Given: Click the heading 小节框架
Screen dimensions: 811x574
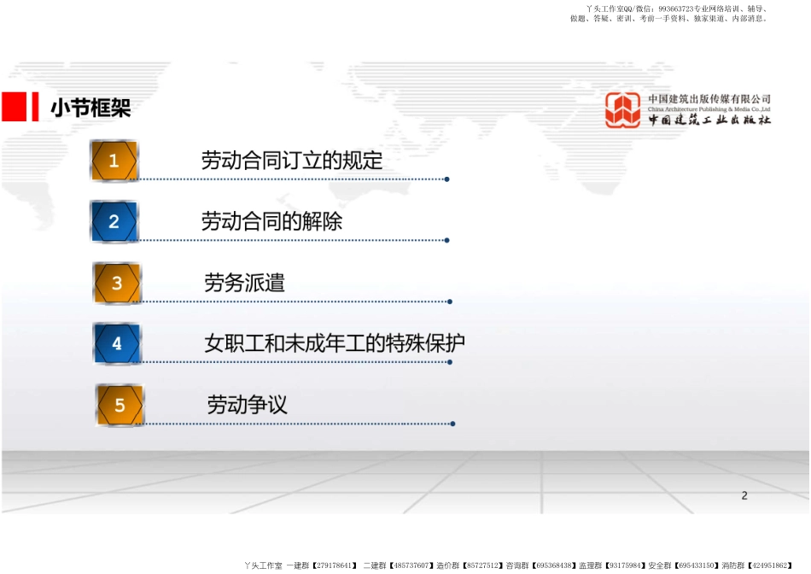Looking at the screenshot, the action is pos(90,108).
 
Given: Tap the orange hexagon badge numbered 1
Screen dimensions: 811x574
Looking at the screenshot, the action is pos(114,161).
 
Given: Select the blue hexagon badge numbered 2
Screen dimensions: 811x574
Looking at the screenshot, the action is pos(114,221).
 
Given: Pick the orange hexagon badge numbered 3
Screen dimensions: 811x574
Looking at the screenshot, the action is pos(117,283).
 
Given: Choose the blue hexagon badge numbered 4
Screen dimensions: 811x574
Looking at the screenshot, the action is pos(117,343).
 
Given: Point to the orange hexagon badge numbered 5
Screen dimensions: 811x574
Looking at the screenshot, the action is pos(120,405).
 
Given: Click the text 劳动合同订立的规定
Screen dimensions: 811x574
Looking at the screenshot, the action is pos(292,161).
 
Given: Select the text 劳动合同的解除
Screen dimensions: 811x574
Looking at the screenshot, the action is pos(271,221).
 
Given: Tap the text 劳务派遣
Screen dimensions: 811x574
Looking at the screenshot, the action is pos(245,283).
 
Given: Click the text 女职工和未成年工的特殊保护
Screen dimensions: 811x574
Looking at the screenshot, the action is pos(335,343).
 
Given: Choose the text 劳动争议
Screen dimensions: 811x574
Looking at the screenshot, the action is pos(248,405).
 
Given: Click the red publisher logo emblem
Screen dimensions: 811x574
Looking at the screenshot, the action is pos(623,109).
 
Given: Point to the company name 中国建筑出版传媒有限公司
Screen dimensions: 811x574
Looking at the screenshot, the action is pos(709,98).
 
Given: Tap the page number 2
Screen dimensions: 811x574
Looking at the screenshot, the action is pos(744,496).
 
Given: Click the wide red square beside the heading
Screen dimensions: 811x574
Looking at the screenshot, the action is pos(14,107).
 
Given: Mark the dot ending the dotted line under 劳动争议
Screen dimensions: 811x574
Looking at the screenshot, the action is pos(453,424).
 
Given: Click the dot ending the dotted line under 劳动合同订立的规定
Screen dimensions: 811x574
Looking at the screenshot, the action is pos(446,179).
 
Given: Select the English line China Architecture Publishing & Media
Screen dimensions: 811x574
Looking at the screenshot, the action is pos(709,109).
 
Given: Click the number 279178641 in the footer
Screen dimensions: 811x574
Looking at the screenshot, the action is pos(334,565).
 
